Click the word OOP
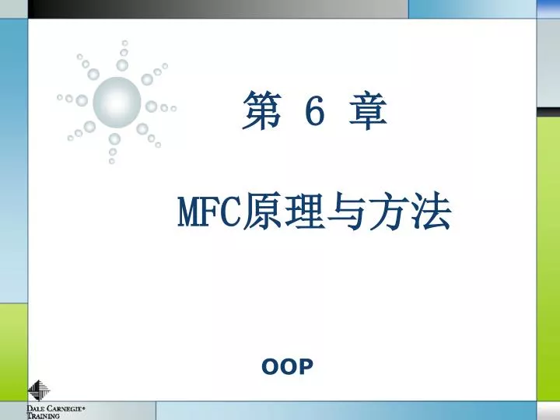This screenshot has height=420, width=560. click(x=288, y=366)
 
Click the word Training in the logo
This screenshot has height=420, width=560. click(x=44, y=416)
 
